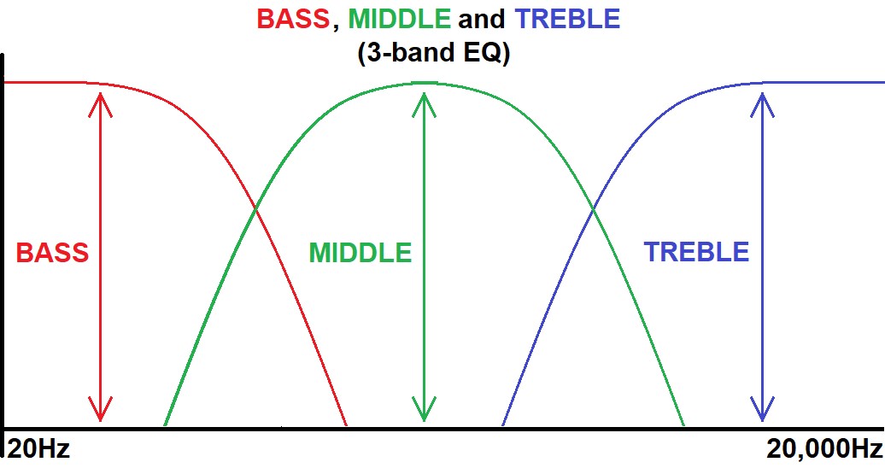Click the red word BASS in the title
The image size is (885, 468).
click(x=293, y=19)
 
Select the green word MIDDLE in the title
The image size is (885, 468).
click(x=399, y=19)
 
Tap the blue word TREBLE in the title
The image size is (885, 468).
click(x=567, y=19)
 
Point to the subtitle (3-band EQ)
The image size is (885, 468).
click(x=433, y=52)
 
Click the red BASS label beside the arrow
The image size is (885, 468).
click(x=52, y=252)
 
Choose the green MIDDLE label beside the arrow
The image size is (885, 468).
click(x=360, y=252)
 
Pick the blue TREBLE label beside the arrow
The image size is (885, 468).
click(x=696, y=252)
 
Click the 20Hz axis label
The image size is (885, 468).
click(x=38, y=449)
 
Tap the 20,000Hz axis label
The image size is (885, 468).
click(x=824, y=449)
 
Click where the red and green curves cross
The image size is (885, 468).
click(x=255, y=209)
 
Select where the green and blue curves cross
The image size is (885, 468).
click(x=593, y=209)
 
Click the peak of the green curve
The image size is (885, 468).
click(x=424, y=83)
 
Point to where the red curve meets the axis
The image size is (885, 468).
click(x=346, y=425)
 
